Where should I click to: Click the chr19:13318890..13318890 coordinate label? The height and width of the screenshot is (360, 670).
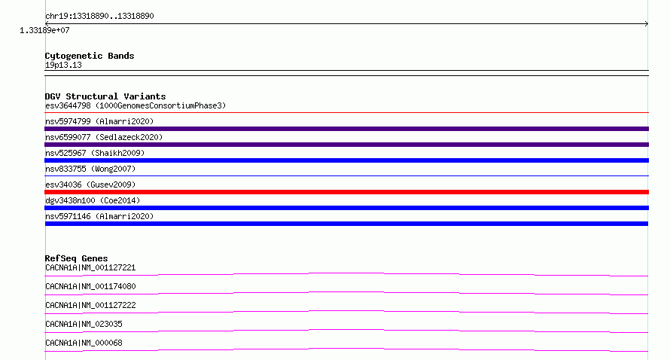tap(99, 17)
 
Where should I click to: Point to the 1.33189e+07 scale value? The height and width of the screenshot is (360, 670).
tap(44, 30)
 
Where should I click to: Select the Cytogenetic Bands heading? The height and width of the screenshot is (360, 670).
tap(90, 56)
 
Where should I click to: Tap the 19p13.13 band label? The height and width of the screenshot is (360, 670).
tap(63, 65)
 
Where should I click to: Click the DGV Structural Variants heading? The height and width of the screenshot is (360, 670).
tap(105, 96)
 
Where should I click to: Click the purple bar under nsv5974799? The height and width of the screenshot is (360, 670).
tap(346, 129)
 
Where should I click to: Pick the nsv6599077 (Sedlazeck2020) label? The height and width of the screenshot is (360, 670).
tap(104, 137)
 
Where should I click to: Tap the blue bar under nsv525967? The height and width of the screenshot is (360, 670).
tap(346, 160)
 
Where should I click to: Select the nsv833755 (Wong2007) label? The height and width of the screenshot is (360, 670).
tap(90, 169)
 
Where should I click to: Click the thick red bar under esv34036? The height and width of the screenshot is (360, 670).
tap(346, 192)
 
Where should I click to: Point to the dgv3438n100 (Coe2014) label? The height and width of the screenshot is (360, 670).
tap(93, 200)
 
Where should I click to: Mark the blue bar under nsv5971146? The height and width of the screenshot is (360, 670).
tap(346, 224)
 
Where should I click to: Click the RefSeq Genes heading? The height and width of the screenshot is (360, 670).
tap(76, 258)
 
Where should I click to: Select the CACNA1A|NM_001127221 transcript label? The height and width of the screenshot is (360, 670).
tap(90, 267)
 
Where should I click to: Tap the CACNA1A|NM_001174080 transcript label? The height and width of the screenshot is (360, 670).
tap(90, 286)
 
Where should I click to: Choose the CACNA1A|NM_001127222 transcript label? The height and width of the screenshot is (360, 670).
tap(90, 305)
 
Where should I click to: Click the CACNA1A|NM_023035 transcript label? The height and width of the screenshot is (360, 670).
tap(84, 324)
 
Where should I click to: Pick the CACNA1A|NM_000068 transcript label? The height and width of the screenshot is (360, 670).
tap(84, 343)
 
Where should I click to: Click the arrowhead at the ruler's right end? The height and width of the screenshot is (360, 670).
tap(647, 24)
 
